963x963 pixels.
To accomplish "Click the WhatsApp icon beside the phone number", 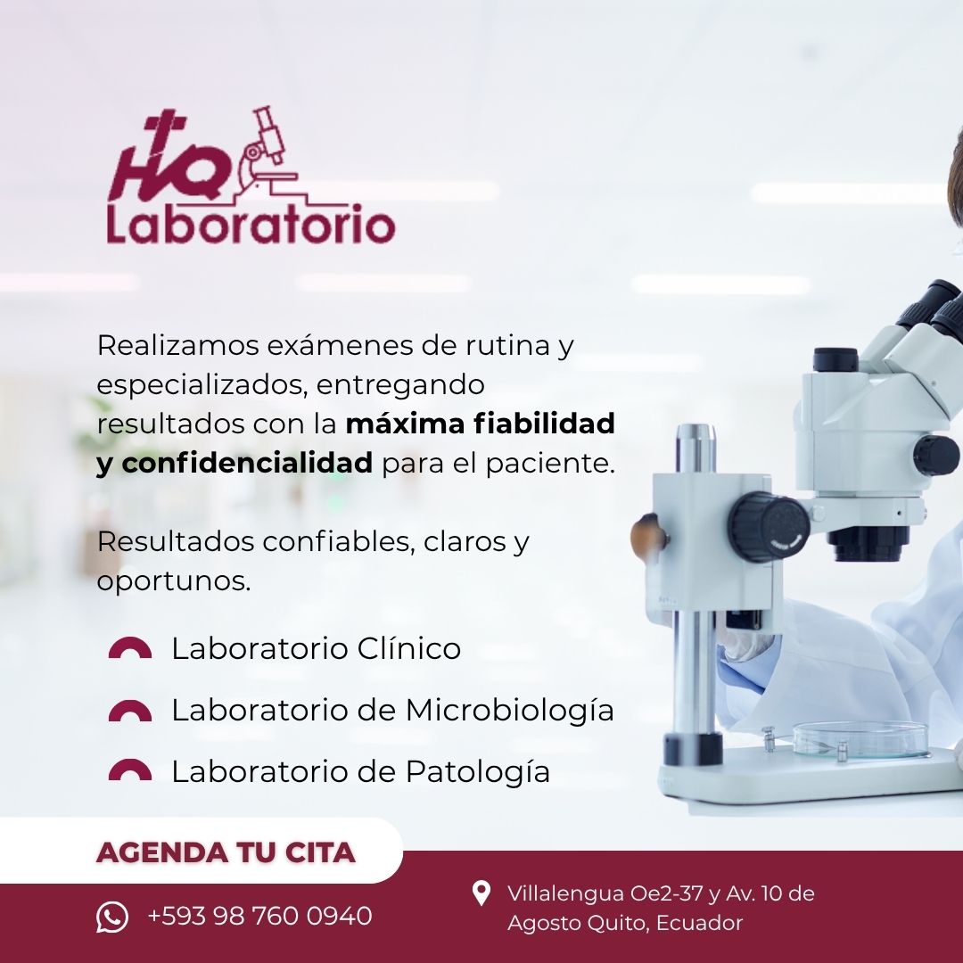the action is click(112, 917).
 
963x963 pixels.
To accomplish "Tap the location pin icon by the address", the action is click(481, 893).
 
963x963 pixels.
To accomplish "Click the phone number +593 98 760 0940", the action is click(259, 917).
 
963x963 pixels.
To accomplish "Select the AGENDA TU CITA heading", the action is click(226, 852).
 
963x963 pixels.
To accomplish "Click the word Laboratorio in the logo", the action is click(251, 225).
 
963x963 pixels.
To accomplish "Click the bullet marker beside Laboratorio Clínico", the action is click(130, 648).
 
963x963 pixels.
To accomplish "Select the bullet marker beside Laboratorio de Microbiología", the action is click(130, 711).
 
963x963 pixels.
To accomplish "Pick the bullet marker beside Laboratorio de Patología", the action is click(130, 770).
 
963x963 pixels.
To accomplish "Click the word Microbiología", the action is click(509, 712).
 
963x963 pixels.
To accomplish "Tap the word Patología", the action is click(477, 772).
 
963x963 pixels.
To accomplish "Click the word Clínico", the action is click(409, 648).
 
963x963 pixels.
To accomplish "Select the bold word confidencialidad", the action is click(247, 463).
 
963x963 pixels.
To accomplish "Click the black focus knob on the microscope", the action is click(768, 527).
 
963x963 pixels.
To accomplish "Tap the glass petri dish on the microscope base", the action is click(860, 739).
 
